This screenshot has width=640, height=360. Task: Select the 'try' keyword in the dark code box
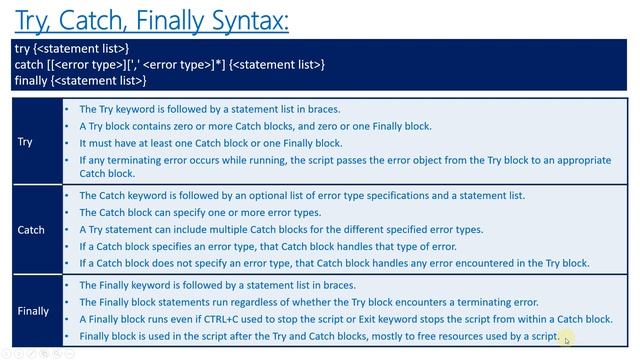pyautogui.click(x=22, y=48)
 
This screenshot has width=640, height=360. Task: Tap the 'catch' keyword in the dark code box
pyautogui.click(x=29, y=64)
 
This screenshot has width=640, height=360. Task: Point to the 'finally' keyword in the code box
pyautogui.click(x=31, y=80)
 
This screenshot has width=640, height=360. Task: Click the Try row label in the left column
pyautogui.click(x=25, y=142)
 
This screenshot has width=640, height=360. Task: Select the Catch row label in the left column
pyautogui.click(x=31, y=230)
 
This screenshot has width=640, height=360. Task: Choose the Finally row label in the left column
pyautogui.click(x=33, y=311)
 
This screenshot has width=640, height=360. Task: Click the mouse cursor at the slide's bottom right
pyautogui.click(x=566, y=341)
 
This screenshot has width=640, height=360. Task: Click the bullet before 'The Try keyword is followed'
pyautogui.click(x=66, y=109)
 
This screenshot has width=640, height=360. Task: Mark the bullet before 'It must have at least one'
pyautogui.click(x=66, y=143)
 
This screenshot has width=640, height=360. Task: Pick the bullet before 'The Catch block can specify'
pyautogui.click(x=66, y=213)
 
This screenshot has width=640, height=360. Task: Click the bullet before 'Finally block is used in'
pyautogui.click(x=66, y=336)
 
